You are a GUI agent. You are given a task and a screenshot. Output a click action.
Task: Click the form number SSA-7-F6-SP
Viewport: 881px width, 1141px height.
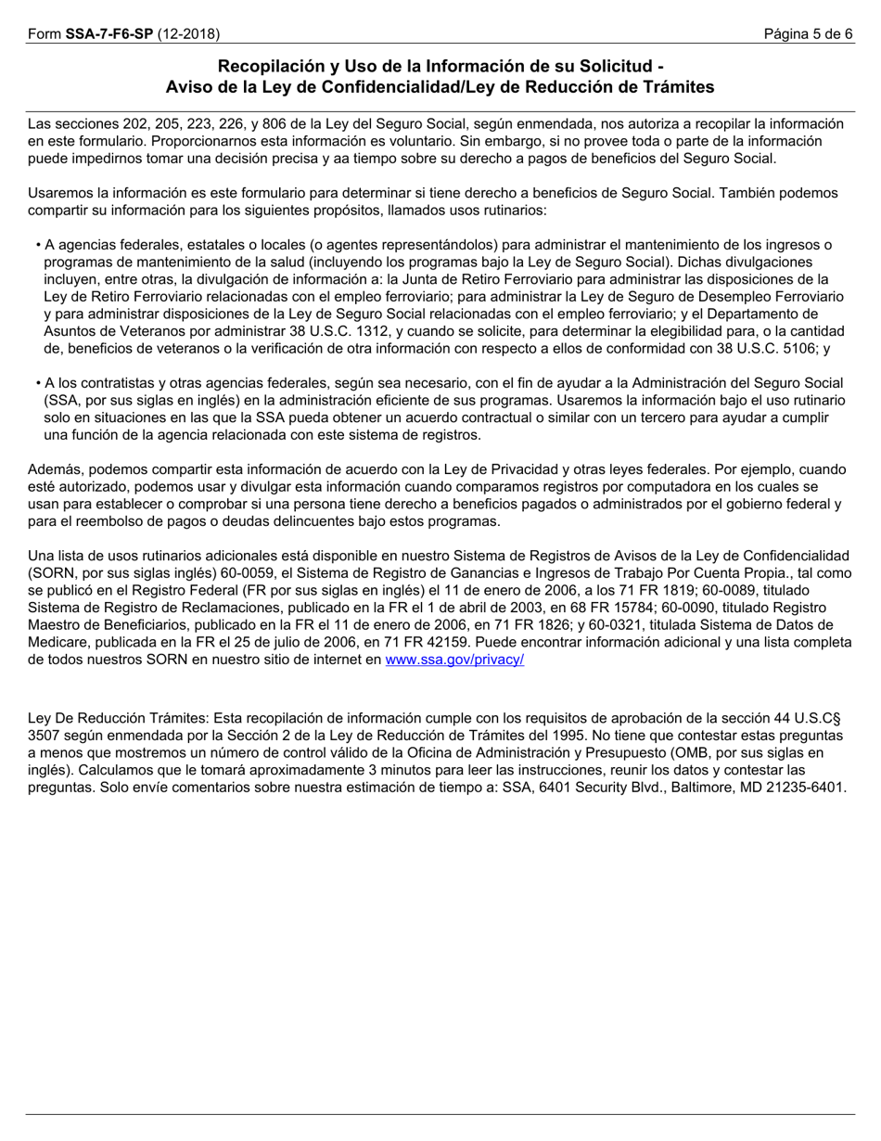pos(109,34)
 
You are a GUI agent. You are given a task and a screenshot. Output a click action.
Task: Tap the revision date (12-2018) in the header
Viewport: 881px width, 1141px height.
pos(188,34)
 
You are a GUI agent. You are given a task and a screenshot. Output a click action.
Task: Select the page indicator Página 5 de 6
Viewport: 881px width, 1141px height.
pos(808,34)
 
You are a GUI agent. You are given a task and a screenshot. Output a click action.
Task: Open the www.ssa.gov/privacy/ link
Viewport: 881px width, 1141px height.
pos(454,660)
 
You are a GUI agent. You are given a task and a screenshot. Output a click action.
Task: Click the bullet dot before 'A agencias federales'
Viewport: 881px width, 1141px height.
pos(38,246)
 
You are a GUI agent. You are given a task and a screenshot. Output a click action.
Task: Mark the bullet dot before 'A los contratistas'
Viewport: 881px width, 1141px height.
pos(38,383)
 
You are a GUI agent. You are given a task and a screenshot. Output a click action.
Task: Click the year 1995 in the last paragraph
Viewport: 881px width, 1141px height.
pos(530,735)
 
